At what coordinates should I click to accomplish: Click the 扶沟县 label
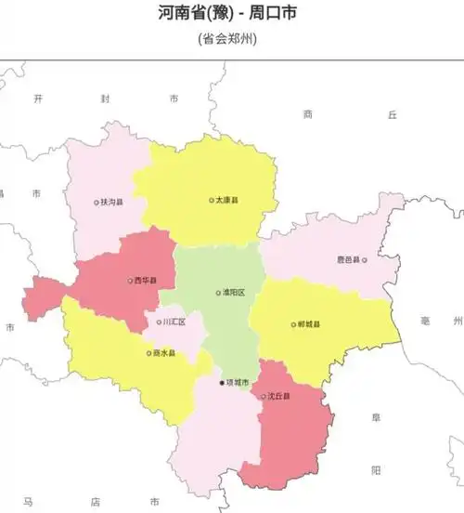[x=112, y=202]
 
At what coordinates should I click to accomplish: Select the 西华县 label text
[x=146, y=280]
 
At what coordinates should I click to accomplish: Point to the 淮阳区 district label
[x=233, y=293]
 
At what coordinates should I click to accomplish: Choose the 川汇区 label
[x=174, y=322]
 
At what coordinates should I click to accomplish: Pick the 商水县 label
[x=163, y=353]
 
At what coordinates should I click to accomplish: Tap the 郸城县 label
[x=310, y=325]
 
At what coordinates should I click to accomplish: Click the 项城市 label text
[x=238, y=382]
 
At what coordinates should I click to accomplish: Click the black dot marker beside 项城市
[x=222, y=382]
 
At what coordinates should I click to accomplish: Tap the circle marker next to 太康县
[x=212, y=200]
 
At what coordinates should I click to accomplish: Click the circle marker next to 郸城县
[x=293, y=325]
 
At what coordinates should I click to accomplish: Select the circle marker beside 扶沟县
[x=97, y=202]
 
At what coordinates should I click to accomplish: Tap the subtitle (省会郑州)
[x=227, y=39]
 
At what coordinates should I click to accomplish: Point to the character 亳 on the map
[x=426, y=321]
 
